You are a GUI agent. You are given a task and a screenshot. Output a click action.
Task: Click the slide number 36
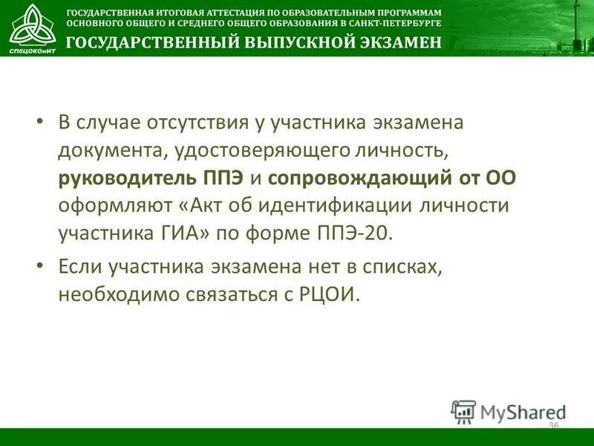pos(553,426)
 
